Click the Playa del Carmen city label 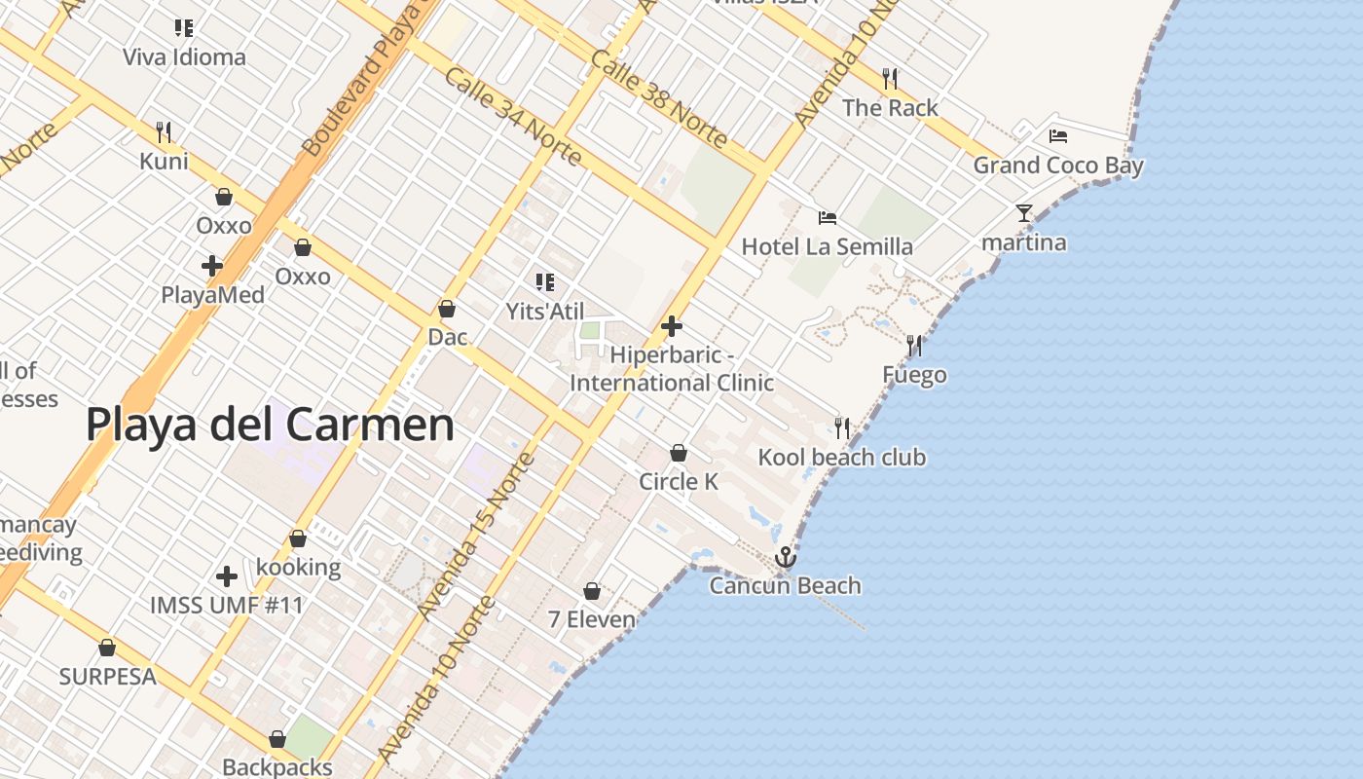pos(270,426)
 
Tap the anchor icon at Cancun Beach pos(785,557)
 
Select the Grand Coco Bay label pos(1058,166)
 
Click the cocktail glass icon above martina pos(1023,212)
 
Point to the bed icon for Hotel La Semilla pos(828,218)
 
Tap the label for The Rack pos(890,108)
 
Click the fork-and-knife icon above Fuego pos(914,345)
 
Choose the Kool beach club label pos(842,458)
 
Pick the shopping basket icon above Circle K pos(679,453)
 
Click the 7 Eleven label pos(591,619)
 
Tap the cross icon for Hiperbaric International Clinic pos(671,326)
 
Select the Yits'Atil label pos(545,312)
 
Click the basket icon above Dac pos(447,309)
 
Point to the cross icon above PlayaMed pos(212,265)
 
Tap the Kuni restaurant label pos(164,161)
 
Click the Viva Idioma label pos(184,57)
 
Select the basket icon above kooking pos(298,538)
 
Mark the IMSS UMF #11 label pos(227,606)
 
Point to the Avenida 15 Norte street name pos(475,535)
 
